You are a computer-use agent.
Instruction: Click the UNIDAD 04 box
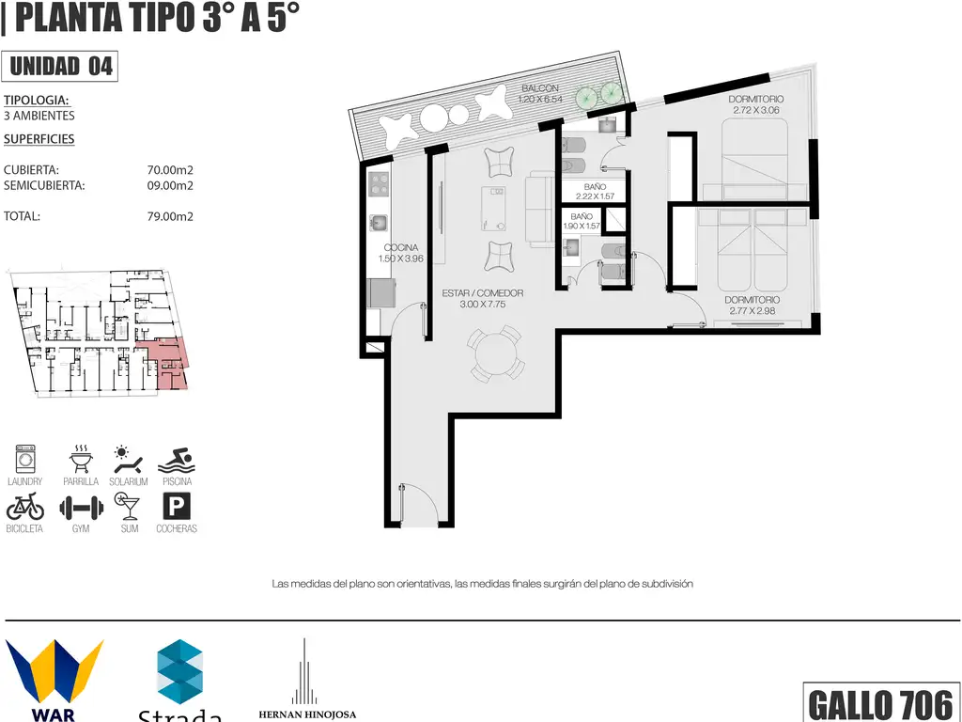pos(59,67)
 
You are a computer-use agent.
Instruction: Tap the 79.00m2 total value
pos(170,216)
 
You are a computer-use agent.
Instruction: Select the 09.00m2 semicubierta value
pos(170,185)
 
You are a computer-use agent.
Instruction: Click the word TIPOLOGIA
pos(37,100)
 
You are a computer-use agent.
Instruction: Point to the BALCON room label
pos(540,88)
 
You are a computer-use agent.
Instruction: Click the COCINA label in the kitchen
pos(401,248)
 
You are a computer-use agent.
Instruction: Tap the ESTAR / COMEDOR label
pos(483,293)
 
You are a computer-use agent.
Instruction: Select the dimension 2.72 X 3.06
pos(756,111)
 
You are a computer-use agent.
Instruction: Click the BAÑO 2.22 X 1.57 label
pos(595,192)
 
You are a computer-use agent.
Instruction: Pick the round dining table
pos(496,354)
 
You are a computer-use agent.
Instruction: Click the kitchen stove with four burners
pos(379,183)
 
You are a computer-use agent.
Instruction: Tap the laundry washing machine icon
pos(25,459)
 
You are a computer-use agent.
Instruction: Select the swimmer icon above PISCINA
pos(177,461)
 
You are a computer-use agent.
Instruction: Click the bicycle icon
pos(25,507)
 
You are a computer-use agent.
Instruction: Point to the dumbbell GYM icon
pos(81,508)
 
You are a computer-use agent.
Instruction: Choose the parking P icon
pos(177,507)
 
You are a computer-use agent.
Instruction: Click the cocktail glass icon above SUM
pos(128,507)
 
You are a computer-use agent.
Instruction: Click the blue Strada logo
pos(179,671)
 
